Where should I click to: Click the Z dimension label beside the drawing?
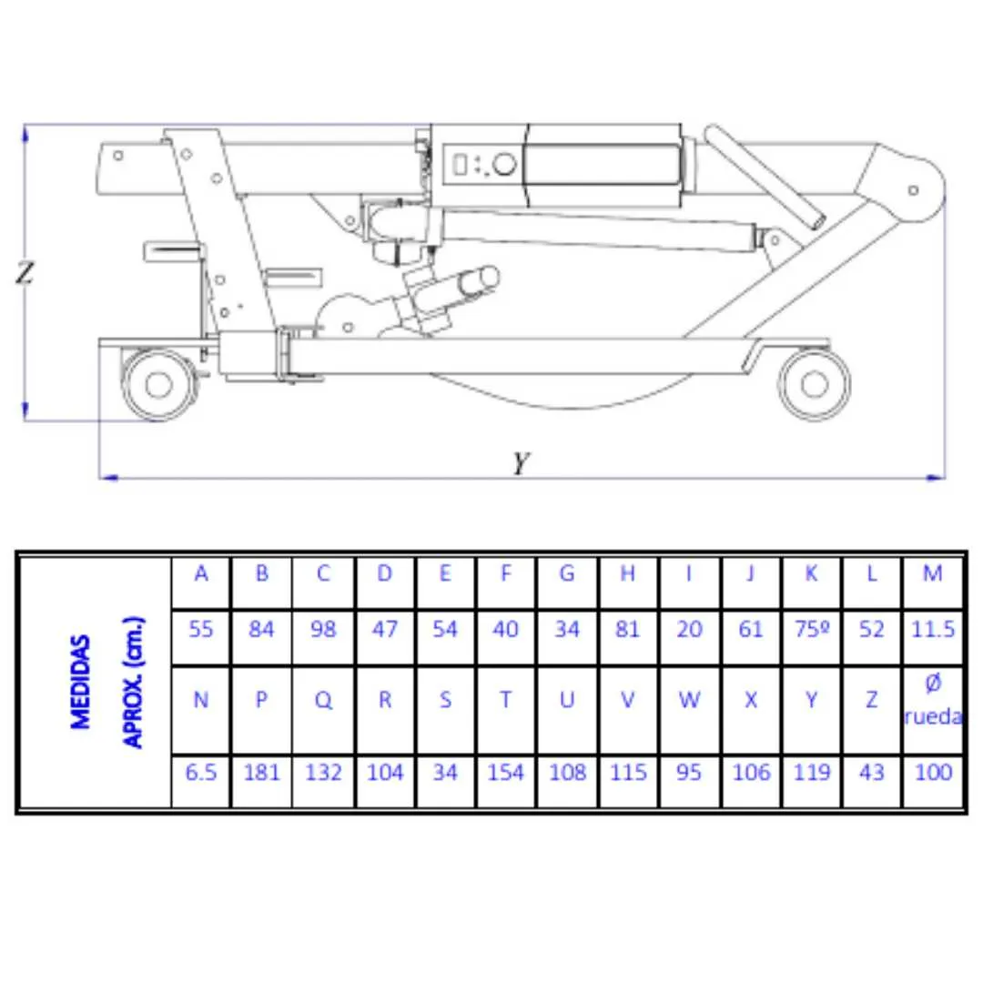[25, 273]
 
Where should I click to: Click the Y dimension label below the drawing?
[521, 463]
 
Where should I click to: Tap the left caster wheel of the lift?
[158, 384]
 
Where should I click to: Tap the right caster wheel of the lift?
[815, 384]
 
